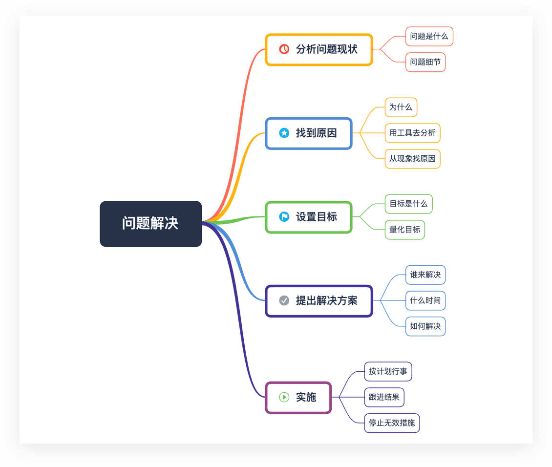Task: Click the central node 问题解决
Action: pyautogui.click(x=150, y=224)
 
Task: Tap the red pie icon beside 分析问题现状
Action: pyautogui.click(x=284, y=49)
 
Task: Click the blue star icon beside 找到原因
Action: pyautogui.click(x=284, y=133)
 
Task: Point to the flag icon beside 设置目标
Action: pyautogui.click(x=284, y=216)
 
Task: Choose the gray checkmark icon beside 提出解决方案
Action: pyautogui.click(x=284, y=300)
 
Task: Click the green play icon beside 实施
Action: pyautogui.click(x=284, y=397)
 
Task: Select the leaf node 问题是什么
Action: pyautogui.click(x=429, y=36)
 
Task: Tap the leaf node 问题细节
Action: pyautogui.click(x=425, y=62)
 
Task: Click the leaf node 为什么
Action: pyautogui.click(x=401, y=107)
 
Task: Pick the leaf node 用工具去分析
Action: pyautogui.click(x=412, y=133)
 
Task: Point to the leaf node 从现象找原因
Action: pyautogui.click(x=412, y=159)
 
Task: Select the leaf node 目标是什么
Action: pyautogui.click(x=408, y=204)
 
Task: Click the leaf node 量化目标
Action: pyautogui.click(x=404, y=230)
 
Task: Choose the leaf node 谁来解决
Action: pyautogui.click(x=425, y=275)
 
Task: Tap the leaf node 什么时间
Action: pyautogui.click(x=425, y=300)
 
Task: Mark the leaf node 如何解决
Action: pyautogui.click(x=425, y=326)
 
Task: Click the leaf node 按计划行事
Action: pyautogui.click(x=388, y=371)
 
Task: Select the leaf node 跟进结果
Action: pyautogui.click(x=384, y=397)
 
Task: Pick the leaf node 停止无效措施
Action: pyautogui.click(x=392, y=423)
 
